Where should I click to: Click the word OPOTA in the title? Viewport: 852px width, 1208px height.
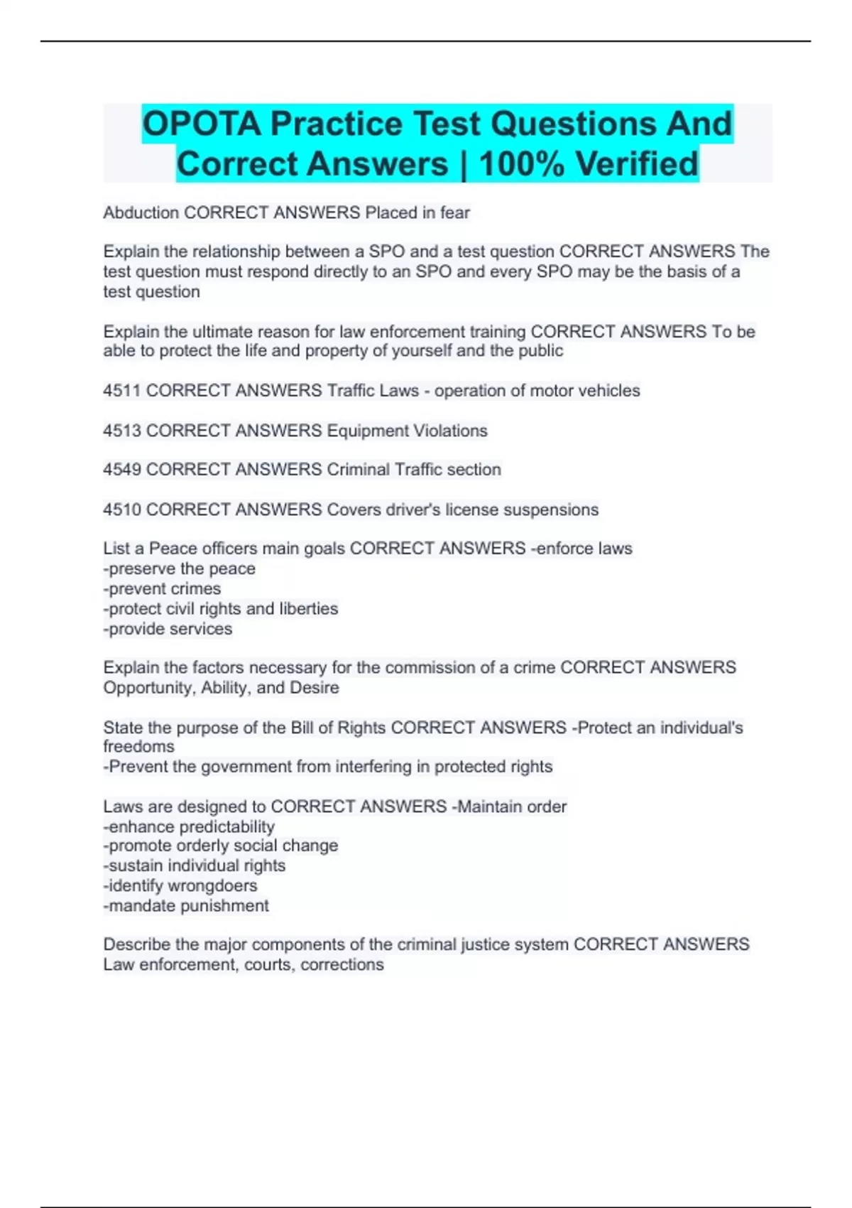tap(202, 124)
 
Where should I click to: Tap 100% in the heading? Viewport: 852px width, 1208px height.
tap(521, 164)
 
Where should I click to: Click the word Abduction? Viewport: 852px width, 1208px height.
tap(141, 212)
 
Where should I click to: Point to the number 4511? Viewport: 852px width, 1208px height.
tap(122, 391)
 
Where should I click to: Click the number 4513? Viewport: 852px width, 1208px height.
tap(122, 431)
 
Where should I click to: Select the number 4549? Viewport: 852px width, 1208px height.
tap(122, 470)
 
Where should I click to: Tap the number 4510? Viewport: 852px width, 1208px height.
tap(122, 509)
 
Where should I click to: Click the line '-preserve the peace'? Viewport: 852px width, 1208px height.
tap(179, 568)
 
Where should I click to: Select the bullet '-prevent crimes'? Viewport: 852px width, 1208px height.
tap(162, 588)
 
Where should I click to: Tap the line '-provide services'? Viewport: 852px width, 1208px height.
tap(168, 629)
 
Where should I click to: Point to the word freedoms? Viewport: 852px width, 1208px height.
tap(138, 746)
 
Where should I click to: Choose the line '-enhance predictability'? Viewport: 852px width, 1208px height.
tap(189, 826)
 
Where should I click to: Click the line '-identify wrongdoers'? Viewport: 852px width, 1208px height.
tap(180, 885)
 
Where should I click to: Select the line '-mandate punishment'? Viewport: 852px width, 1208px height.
tap(186, 906)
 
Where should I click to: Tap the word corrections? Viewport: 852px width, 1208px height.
tap(342, 965)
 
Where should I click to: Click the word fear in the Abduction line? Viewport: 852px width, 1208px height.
tap(455, 212)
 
